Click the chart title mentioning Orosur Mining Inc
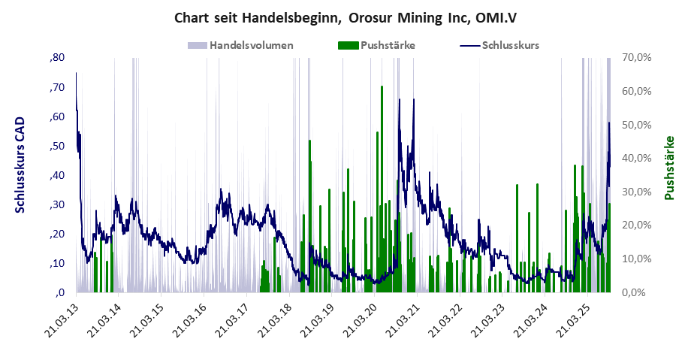point(345,17)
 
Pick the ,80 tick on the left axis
point(57,58)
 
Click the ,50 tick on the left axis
point(57,146)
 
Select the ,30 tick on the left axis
point(57,204)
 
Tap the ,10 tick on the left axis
point(57,263)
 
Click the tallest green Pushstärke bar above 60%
point(382,188)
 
